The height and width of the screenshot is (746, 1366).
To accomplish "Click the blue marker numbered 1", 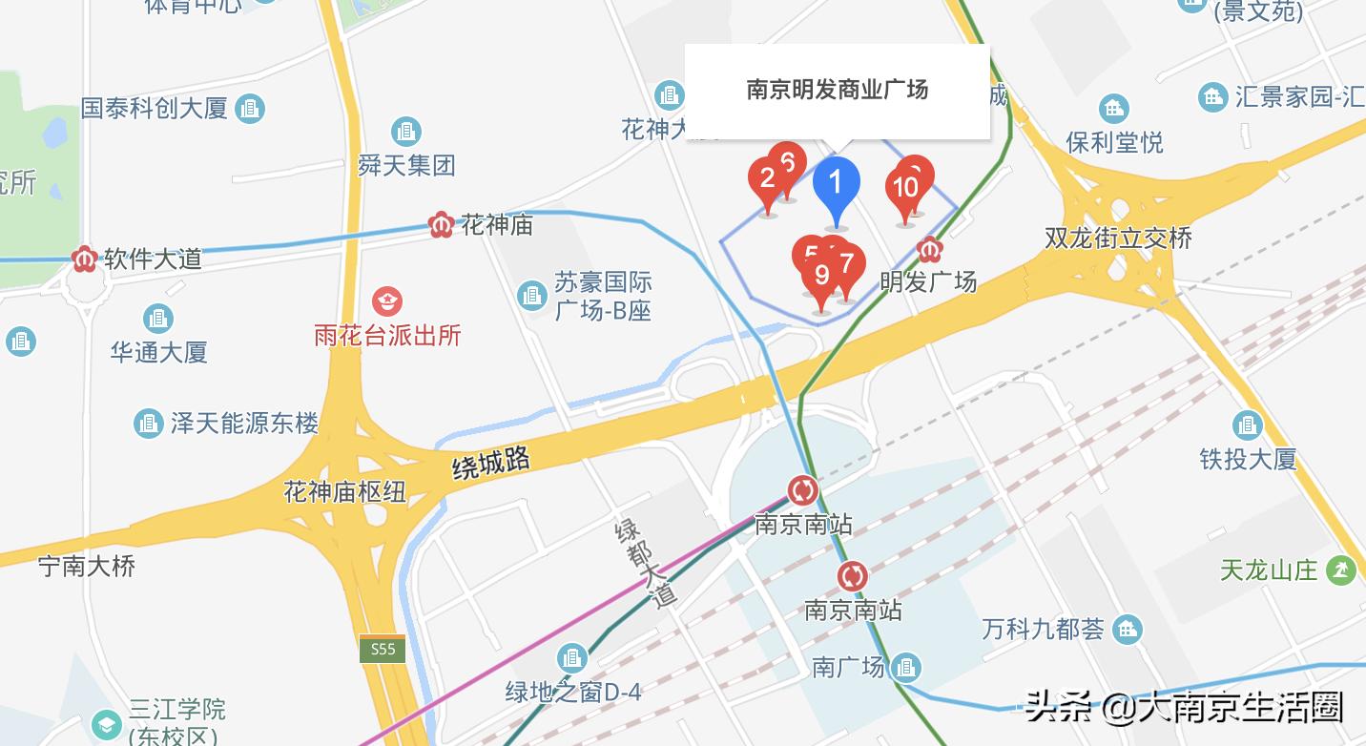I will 836,182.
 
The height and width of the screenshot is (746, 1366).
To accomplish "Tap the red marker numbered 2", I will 766,178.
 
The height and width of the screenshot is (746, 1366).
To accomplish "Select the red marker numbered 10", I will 904,187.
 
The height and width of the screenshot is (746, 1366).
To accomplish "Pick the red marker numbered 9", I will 821,277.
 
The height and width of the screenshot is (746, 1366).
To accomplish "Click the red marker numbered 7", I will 846,264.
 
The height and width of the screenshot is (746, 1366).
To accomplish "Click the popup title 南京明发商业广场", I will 837,91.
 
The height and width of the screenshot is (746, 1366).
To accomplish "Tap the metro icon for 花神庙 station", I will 441,225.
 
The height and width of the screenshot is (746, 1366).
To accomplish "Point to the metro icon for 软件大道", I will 85,259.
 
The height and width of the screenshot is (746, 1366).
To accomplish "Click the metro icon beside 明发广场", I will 929,251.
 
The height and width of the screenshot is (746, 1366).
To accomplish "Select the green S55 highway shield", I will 383,650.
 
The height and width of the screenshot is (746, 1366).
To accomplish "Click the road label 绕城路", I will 491,464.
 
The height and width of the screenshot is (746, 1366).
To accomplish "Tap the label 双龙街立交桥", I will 1118,238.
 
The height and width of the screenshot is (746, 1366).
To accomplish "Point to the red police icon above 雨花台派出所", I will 387,302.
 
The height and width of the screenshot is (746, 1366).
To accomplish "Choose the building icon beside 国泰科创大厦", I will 250,109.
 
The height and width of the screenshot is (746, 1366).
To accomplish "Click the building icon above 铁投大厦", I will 1247,425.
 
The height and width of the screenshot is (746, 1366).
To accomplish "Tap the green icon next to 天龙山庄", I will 1341,570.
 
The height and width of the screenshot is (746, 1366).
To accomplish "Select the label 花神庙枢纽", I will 344,492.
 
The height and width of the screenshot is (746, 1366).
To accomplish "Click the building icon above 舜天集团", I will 406,132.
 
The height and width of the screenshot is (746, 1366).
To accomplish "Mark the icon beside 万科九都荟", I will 1128,630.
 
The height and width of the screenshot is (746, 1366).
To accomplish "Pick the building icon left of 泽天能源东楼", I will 148,423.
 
